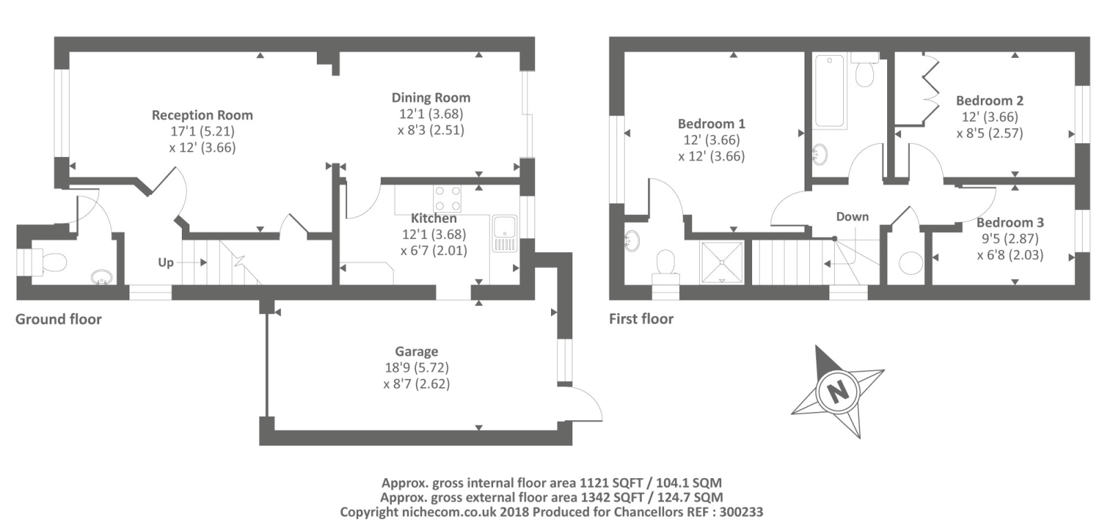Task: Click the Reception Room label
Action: [202, 115]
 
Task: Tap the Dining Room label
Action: [431, 98]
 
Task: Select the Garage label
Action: [417, 352]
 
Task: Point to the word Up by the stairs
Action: [166, 262]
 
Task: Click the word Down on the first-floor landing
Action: [853, 216]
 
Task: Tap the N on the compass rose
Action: [838, 392]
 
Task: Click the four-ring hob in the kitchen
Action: [447, 199]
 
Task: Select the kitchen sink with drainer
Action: [504, 234]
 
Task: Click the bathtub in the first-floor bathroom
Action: [829, 91]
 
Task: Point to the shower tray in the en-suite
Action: [722, 262]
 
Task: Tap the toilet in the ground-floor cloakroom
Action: [50, 262]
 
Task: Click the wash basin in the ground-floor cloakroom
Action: [102, 276]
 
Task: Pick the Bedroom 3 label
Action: [1010, 223]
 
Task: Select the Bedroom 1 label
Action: [711, 123]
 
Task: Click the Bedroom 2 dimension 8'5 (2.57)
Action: [990, 134]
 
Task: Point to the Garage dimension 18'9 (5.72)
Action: [417, 367]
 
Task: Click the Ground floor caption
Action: [59, 319]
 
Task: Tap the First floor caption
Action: [641, 319]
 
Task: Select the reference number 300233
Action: [741, 512]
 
